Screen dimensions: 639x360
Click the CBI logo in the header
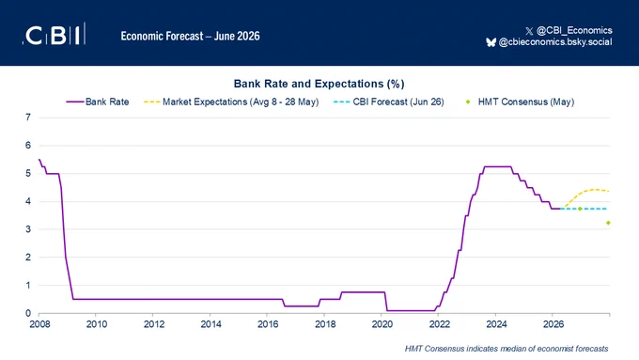click(54, 34)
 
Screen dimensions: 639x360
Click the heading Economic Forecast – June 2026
click(191, 36)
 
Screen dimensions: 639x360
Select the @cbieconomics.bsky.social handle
click(555, 42)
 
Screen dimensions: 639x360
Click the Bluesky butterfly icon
click(491, 42)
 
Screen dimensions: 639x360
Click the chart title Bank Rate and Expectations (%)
click(319, 84)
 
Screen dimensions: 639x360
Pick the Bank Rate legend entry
click(98, 102)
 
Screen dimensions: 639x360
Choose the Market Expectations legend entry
click(231, 102)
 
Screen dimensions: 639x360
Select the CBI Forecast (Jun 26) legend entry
click(388, 102)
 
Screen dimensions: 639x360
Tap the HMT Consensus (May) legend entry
click(520, 102)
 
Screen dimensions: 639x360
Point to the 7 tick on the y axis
click(28, 117)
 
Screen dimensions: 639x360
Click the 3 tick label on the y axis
click(28, 229)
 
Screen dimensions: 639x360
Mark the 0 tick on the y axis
click(28, 313)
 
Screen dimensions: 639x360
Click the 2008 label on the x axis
click(39, 324)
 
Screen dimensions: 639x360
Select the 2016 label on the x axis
click(268, 324)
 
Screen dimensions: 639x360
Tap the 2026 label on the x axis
click(553, 324)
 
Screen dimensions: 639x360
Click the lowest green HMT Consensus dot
click(608, 223)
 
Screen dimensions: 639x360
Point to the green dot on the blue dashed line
click(580, 209)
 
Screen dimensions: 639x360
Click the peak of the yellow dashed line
click(595, 189)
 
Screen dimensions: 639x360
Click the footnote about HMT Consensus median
click(507, 349)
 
